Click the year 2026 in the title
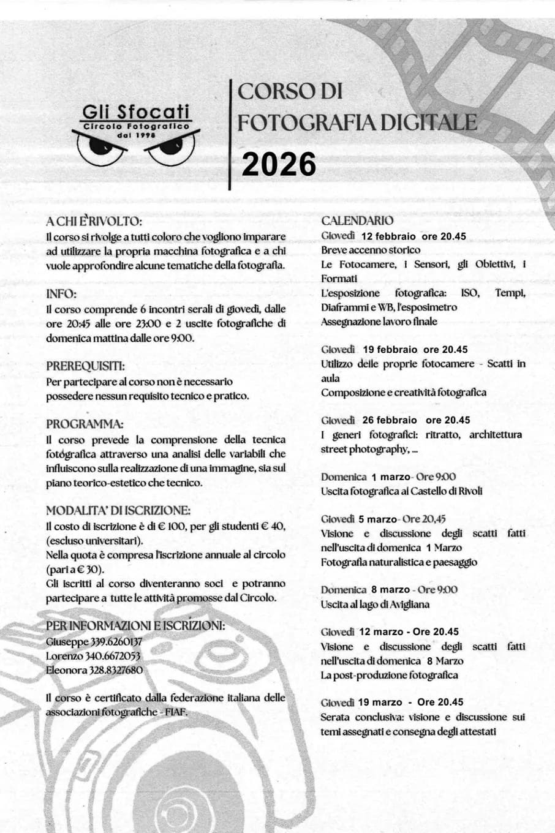(x=279, y=164)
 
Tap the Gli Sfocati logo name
(x=136, y=112)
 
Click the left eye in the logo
(x=99, y=148)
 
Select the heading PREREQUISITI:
(x=86, y=366)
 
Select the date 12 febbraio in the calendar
(x=388, y=236)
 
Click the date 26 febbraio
(x=390, y=420)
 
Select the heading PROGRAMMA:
(x=85, y=424)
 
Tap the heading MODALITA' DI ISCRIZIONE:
(x=118, y=511)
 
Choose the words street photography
(x=364, y=449)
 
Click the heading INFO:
(x=61, y=294)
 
